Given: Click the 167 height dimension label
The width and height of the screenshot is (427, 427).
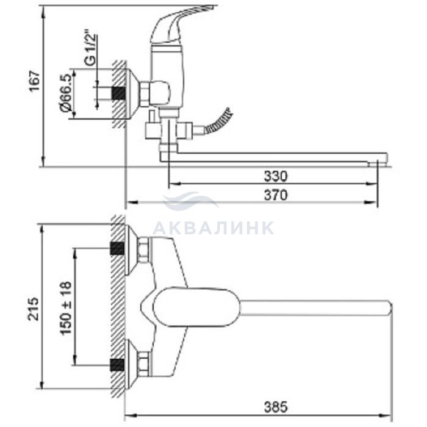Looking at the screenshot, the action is (x=35, y=81).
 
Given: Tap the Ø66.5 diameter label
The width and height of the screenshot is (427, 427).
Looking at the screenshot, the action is (x=66, y=93).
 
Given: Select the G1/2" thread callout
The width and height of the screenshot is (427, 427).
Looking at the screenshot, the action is (x=90, y=49).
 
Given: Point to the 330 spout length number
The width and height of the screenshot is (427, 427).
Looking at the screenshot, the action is (x=276, y=176).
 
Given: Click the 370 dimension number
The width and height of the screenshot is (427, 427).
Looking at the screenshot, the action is (x=276, y=195).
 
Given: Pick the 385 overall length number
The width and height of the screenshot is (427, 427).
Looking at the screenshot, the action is (x=276, y=407).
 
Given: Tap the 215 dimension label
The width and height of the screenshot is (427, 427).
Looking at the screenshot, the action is (x=34, y=309).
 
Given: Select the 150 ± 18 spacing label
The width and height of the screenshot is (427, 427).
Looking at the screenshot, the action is (x=66, y=308).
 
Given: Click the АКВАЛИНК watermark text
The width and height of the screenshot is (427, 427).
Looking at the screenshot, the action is (x=213, y=228).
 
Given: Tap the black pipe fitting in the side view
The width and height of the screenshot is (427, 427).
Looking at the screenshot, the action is (x=118, y=93).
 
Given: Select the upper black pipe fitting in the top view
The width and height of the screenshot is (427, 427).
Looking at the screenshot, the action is (x=117, y=248).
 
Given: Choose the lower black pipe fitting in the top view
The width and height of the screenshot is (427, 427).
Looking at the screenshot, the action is (x=117, y=365).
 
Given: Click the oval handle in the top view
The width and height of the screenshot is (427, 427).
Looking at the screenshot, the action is (x=196, y=307).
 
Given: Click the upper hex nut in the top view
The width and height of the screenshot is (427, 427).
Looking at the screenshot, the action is (x=143, y=250).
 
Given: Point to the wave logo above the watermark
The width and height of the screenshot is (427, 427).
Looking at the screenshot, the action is (x=190, y=200).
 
